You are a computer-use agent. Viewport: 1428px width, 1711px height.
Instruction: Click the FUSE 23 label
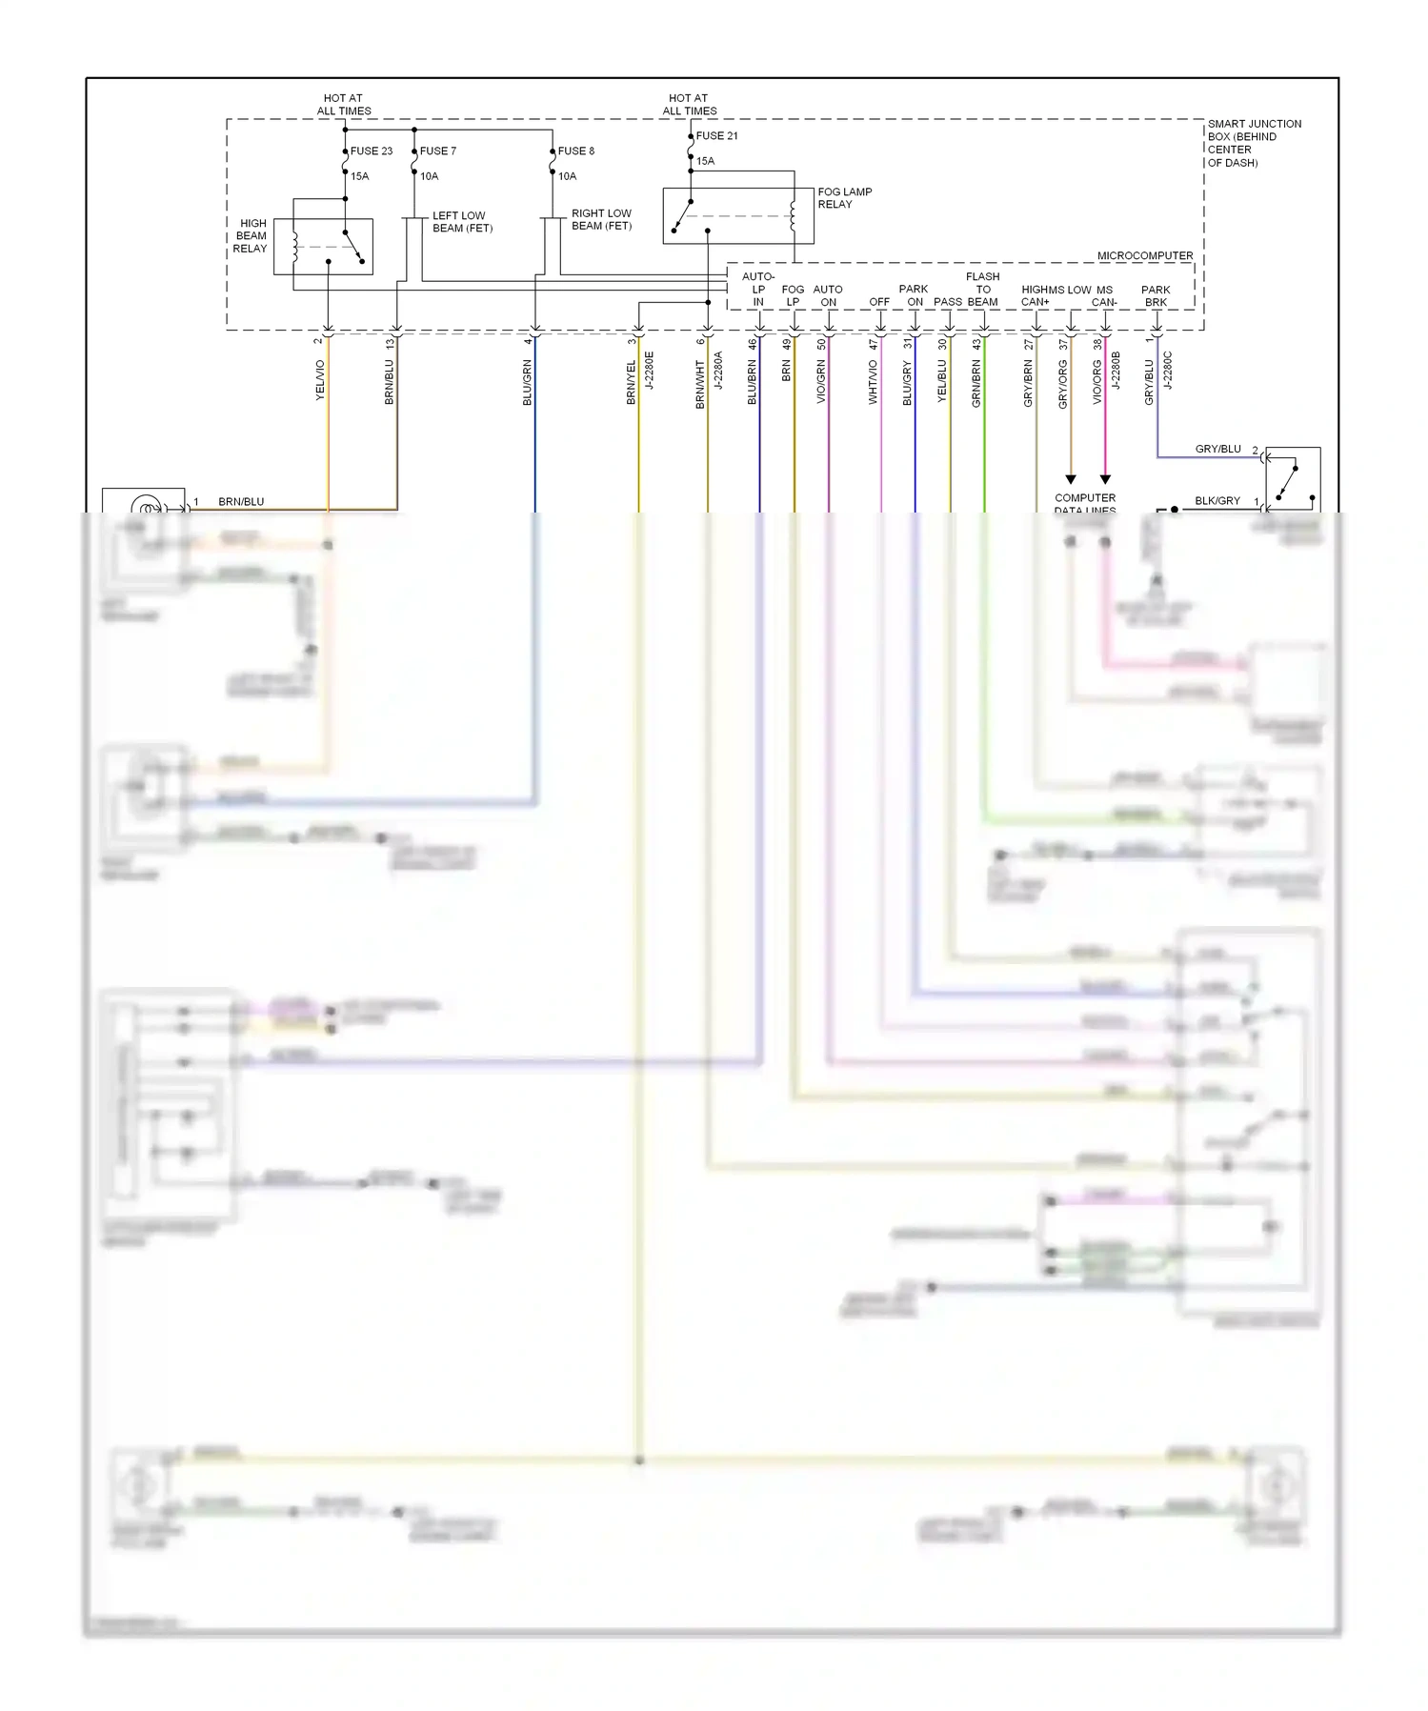click(x=371, y=151)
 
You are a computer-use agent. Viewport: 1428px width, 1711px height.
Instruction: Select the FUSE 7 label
click(x=437, y=151)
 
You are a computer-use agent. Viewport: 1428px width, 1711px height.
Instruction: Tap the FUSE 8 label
click(x=575, y=151)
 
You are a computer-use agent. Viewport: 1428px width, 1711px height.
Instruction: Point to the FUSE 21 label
click(x=716, y=135)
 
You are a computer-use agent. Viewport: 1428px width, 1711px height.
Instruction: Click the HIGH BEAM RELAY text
click(x=251, y=235)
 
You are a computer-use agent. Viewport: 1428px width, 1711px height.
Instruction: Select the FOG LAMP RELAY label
click(x=844, y=197)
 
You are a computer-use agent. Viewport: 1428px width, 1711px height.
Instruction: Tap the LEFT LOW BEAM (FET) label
click(x=462, y=221)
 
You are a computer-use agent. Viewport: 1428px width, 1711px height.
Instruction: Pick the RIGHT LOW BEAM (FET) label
click(x=601, y=219)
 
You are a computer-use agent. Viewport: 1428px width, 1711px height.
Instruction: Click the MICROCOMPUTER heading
click(x=1144, y=255)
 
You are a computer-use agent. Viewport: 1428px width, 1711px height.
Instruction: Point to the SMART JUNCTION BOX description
click(x=1254, y=143)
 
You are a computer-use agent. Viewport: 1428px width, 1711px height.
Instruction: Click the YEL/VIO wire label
click(x=320, y=379)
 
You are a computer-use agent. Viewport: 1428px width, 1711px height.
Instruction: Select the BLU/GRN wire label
click(x=527, y=382)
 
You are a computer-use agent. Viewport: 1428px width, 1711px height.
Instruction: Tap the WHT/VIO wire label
click(x=873, y=382)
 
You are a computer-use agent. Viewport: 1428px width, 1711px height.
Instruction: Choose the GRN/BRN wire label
click(x=976, y=383)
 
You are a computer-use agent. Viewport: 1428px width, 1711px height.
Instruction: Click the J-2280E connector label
click(x=650, y=371)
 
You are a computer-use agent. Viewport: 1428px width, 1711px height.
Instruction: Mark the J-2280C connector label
click(x=1168, y=371)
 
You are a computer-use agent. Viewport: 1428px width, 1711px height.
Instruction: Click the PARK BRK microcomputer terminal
click(x=1156, y=295)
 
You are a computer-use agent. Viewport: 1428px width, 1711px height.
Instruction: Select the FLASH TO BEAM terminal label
click(x=982, y=289)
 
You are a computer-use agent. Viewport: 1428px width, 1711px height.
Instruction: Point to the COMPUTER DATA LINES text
click(x=1084, y=503)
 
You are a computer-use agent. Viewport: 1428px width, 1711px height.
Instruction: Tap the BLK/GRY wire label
click(x=1217, y=500)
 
